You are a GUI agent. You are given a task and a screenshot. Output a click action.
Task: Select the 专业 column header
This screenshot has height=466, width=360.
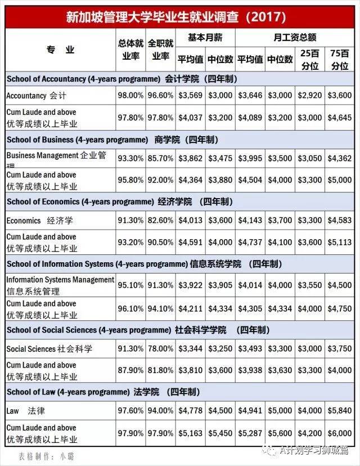[x=60, y=50]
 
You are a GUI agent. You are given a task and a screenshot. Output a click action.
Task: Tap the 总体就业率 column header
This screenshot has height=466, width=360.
[x=130, y=50]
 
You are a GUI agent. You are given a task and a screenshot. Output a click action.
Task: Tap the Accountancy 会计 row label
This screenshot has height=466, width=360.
[x=36, y=96]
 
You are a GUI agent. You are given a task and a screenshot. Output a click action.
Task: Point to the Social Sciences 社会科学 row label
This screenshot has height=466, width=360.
[x=49, y=349]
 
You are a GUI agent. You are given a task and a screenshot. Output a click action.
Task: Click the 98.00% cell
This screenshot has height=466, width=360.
[x=130, y=96]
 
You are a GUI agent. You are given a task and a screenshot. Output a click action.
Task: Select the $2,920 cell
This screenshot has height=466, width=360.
[x=309, y=96]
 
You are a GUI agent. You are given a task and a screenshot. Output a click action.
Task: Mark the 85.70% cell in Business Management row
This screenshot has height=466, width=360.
[x=160, y=159]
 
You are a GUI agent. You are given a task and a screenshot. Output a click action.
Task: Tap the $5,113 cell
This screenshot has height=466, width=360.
[x=340, y=243]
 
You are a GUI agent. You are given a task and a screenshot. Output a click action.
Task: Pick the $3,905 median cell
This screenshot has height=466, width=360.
[x=220, y=285]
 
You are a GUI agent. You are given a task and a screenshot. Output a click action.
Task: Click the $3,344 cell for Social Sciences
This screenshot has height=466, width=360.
[x=190, y=349]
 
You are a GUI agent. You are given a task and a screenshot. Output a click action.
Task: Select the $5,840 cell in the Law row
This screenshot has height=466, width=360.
[x=340, y=412]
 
